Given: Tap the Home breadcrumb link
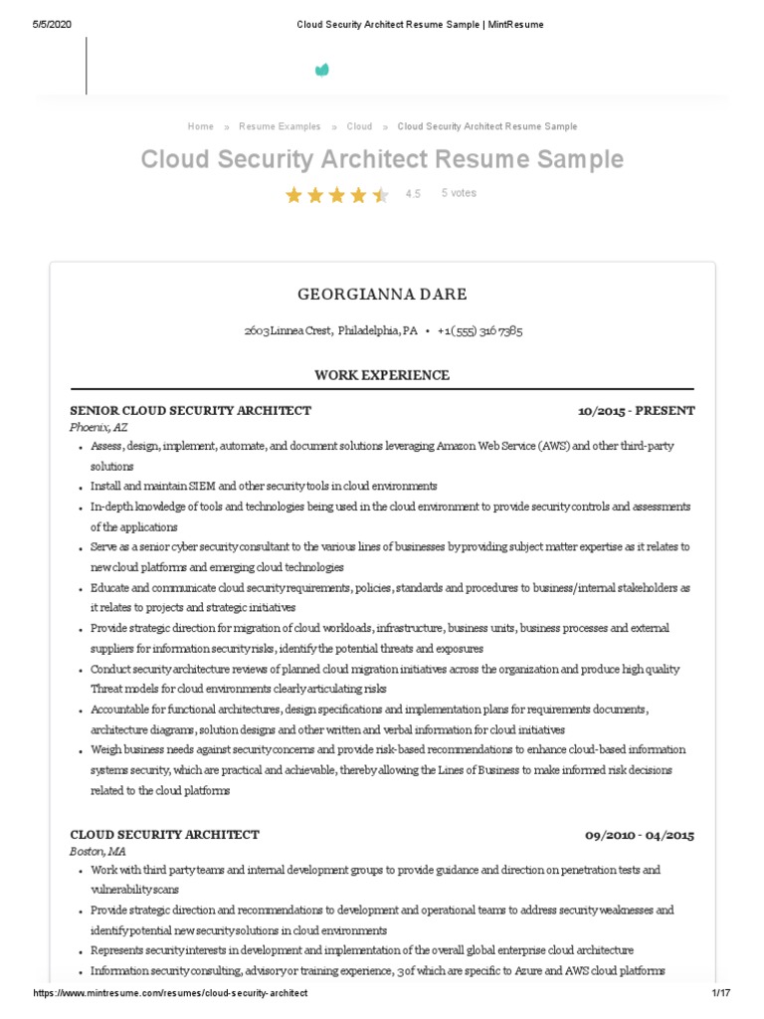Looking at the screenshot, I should click(x=200, y=126).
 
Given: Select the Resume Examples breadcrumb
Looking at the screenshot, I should click(x=280, y=126).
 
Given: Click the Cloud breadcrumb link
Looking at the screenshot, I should click(x=359, y=126).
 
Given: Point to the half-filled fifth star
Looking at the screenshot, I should click(x=380, y=195).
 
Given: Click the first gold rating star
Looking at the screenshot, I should click(x=293, y=195).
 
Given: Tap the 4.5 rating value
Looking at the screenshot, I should click(x=413, y=194).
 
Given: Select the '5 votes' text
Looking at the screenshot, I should click(x=459, y=193).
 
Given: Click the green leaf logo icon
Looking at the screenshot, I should click(x=321, y=70).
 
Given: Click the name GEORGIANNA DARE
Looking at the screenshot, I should click(x=382, y=295).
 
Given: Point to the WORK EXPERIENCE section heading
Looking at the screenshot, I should click(x=382, y=375).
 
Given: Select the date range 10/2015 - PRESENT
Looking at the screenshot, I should click(x=636, y=410).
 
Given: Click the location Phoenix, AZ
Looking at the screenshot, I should click(x=98, y=427).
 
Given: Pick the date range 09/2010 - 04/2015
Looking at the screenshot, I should click(x=639, y=835).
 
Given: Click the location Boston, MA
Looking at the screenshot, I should click(x=97, y=852).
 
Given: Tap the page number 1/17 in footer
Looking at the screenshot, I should click(x=720, y=994).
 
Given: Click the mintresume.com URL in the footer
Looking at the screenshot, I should click(x=170, y=994).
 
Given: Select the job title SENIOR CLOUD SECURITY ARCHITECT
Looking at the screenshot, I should click(x=190, y=410).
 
